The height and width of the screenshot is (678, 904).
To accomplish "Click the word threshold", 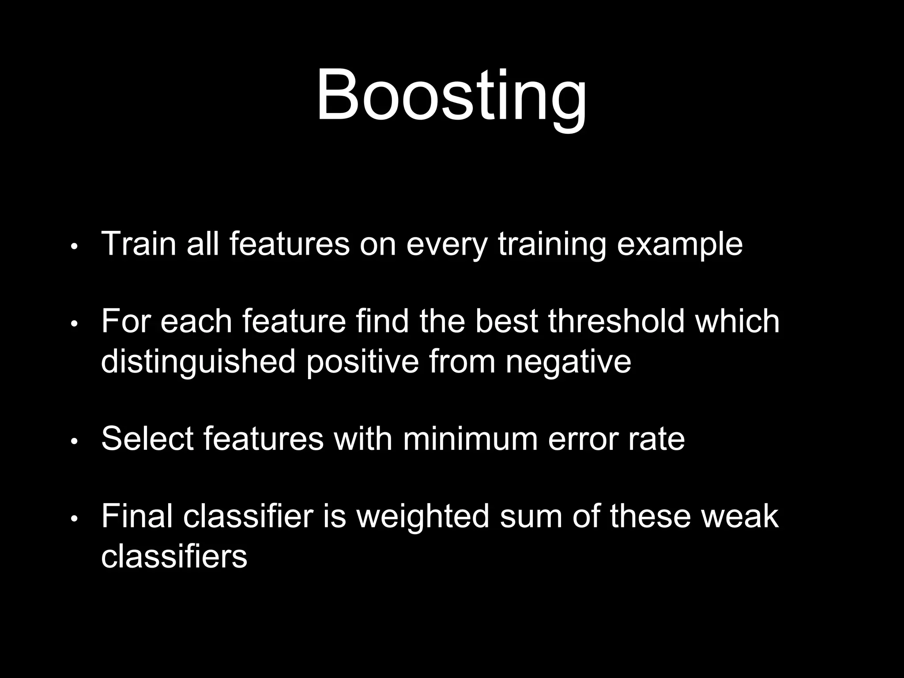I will click(616, 321).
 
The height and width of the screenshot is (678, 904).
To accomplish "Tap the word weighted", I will click(422, 516).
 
